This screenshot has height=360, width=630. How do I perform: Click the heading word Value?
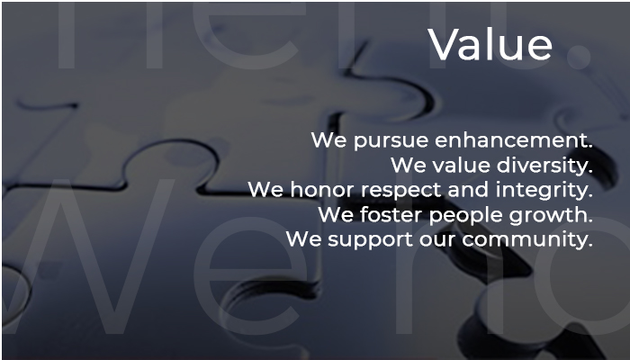(x=490, y=44)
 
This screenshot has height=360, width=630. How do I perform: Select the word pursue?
(x=391, y=141)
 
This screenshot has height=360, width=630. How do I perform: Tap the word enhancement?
(x=514, y=139)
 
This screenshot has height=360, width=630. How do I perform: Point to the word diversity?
(x=544, y=166)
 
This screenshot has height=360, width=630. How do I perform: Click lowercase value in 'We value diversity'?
(x=461, y=165)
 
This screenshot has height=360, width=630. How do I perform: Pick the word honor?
(x=322, y=189)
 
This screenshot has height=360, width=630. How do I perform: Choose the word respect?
(x=401, y=191)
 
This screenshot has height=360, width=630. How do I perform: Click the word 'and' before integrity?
(x=468, y=189)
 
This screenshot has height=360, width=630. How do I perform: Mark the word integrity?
(x=544, y=190)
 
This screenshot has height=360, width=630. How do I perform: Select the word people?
(x=465, y=215)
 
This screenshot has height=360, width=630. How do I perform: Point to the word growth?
(x=551, y=215)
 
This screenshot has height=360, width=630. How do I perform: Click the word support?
(x=371, y=240)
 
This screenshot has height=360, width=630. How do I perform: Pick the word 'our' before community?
(x=437, y=240)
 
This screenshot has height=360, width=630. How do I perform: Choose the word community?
(x=527, y=240)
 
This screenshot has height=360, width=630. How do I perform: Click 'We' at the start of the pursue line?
(x=329, y=139)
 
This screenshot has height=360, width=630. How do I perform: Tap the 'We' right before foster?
(x=336, y=214)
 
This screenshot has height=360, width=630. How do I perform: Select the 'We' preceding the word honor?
(x=265, y=190)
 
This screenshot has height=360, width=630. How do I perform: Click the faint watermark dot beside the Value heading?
(x=579, y=56)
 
